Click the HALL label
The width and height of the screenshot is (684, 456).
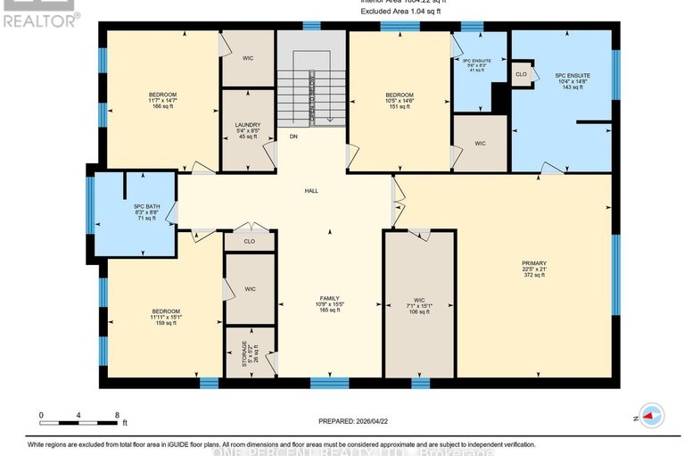[x=311, y=190]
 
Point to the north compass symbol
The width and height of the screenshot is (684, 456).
[x=651, y=416]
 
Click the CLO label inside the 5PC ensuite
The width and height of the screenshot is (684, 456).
[x=522, y=74]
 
